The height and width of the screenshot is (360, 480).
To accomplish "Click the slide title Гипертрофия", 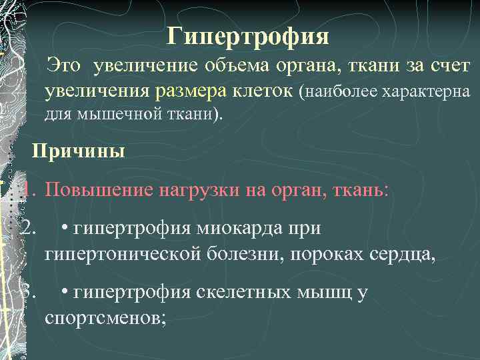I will pyautogui.click(x=248, y=36).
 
